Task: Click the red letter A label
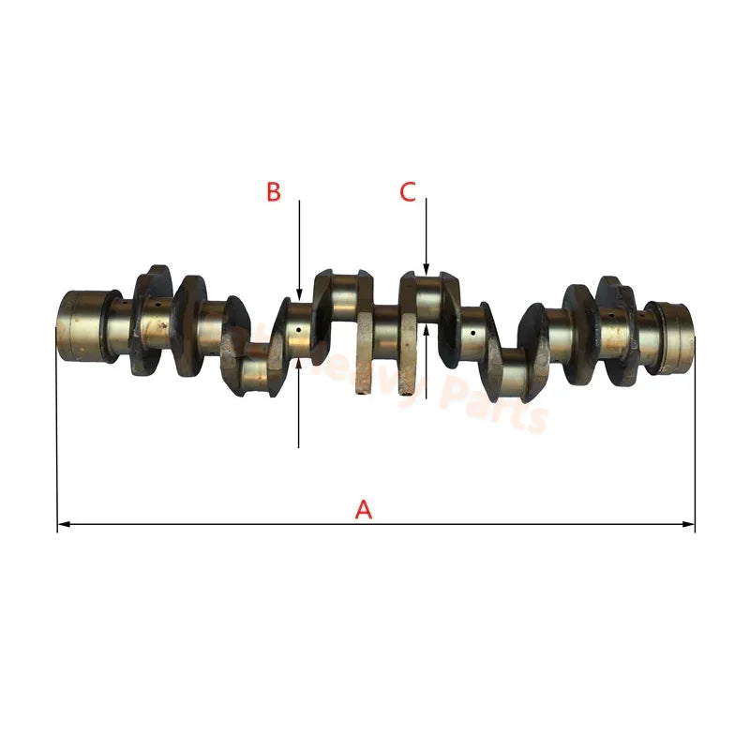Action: (x=364, y=510)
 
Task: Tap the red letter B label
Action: (x=273, y=192)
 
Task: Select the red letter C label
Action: (x=408, y=192)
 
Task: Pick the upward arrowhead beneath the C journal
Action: (x=426, y=329)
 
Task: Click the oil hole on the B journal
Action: (x=299, y=329)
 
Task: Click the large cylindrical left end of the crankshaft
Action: (x=82, y=323)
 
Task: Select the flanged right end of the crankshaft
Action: (x=673, y=336)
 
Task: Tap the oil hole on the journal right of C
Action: (x=473, y=333)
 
